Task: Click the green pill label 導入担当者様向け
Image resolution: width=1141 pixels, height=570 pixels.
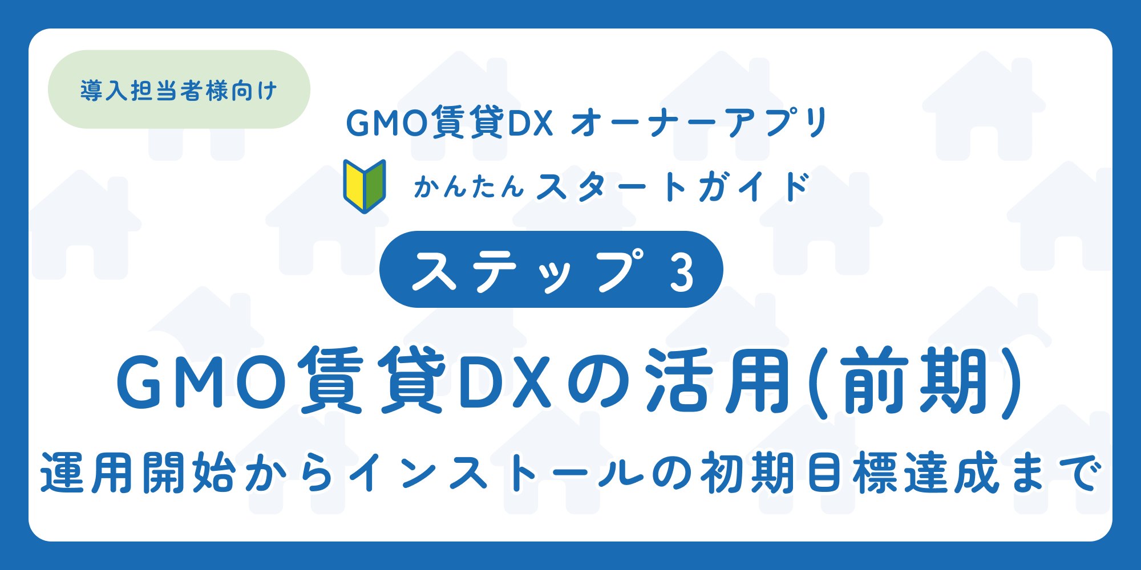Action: click(x=179, y=90)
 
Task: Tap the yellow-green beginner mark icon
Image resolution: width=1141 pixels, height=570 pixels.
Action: click(x=365, y=186)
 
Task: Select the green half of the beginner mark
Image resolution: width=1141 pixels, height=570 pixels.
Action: click(x=375, y=185)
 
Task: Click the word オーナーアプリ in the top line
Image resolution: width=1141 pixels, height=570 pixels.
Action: click(x=699, y=123)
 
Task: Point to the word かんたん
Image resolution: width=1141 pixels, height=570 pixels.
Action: click(x=469, y=187)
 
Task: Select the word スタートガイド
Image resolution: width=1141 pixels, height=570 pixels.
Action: click(x=673, y=187)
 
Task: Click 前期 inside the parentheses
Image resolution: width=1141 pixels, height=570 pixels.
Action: click(x=916, y=381)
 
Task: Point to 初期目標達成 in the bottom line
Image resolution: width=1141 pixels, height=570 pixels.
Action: click(x=850, y=473)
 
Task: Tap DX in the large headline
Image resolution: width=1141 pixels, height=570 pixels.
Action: click(x=504, y=381)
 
